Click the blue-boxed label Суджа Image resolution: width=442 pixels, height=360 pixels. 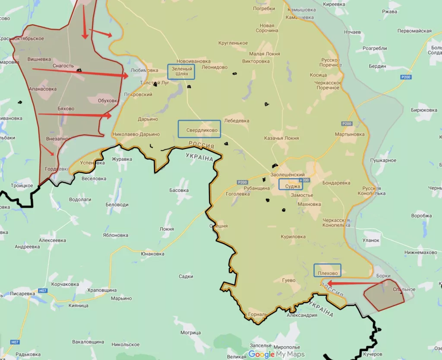(x=290, y=184)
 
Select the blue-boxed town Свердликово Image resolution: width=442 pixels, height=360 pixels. (x=199, y=129)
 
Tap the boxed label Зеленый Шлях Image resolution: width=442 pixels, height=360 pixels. (x=181, y=72)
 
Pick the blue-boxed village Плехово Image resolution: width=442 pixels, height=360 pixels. (x=327, y=271)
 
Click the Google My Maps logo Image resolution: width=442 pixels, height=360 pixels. (x=276, y=354)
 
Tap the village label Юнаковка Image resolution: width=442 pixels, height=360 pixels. (x=152, y=254)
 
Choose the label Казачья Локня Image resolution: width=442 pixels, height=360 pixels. (x=281, y=139)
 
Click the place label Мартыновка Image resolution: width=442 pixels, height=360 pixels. (x=350, y=134)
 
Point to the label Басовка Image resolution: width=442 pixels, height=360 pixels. (x=179, y=190)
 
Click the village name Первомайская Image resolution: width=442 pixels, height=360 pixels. (x=414, y=31)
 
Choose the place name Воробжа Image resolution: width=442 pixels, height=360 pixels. (x=421, y=216)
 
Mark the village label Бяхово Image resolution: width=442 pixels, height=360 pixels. (x=66, y=108)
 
